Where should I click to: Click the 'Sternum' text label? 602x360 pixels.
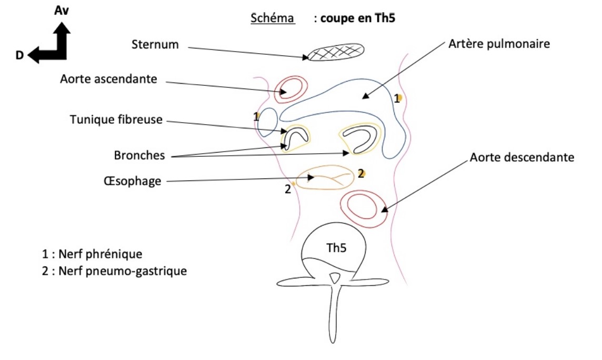click(x=155, y=45)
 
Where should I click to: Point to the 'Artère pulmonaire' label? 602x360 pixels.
click(x=499, y=44)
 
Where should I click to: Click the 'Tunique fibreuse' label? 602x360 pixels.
click(x=116, y=120)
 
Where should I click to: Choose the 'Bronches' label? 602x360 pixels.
click(x=139, y=155)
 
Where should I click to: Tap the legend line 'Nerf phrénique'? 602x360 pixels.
click(x=93, y=254)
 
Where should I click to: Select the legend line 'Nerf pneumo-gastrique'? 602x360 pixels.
click(x=115, y=272)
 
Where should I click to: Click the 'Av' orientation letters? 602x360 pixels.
click(x=62, y=11)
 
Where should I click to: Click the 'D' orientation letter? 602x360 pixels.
click(x=19, y=55)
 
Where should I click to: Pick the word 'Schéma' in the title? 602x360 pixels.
click(x=272, y=18)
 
